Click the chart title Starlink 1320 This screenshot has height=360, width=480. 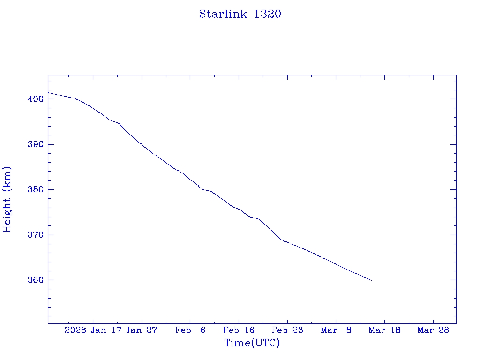tap(240, 14)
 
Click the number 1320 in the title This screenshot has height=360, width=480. tap(268, 14)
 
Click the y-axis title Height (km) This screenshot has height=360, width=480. tap(7, 199)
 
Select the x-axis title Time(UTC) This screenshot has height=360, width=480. tap(252, 343)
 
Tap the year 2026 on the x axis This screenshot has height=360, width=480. tap(75, 330)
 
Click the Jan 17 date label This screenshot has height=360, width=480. tap(106, 330)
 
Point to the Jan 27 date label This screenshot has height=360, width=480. tap(142, 330)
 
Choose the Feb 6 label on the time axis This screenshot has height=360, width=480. tap(190, 330)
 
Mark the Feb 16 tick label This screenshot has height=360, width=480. tap(239, 330)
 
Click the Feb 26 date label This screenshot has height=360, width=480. tap(287, 330)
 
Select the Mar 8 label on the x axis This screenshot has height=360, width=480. tap(336, 330)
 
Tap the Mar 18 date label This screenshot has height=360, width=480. tap(384, 330)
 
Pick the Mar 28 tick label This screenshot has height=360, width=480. tap(433, 330)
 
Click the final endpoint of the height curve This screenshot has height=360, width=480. tap(371, 280)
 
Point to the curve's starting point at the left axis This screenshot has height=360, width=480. tap(48, 92)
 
